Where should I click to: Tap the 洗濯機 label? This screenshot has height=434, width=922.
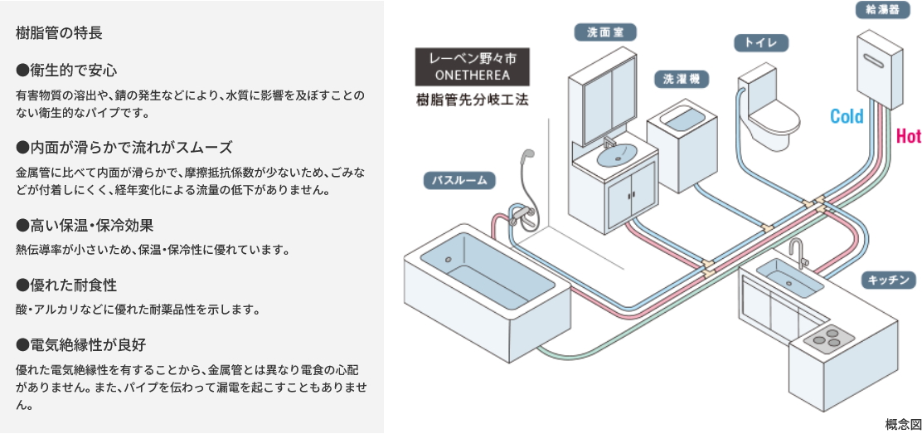[x=682, y=79]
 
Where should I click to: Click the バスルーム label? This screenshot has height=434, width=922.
[x=459, y=179]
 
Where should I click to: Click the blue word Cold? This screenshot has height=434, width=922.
[x=847, y=117]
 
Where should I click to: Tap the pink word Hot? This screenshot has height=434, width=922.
[x=909, y=136]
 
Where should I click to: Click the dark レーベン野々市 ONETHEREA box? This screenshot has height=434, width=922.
[x=472, y=66]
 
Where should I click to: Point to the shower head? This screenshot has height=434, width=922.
[x=525, y=158]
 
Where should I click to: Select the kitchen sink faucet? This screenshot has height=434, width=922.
[x=798, y=249]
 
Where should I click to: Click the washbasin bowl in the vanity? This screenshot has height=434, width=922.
[x=617, y=154]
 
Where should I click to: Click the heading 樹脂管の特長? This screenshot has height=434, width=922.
[x=59, y=33]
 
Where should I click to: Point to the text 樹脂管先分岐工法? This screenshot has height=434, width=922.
[x=472, y=100]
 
